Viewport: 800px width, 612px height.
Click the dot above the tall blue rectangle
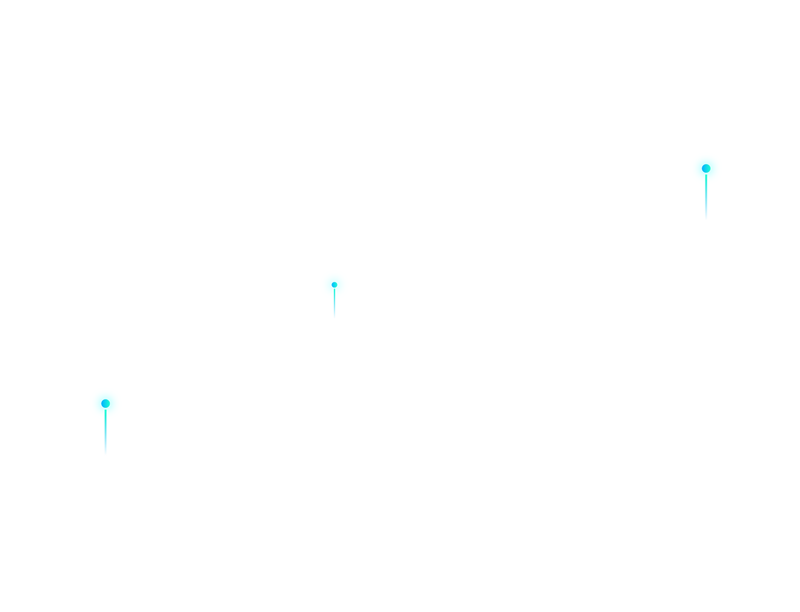[x=705, y=168]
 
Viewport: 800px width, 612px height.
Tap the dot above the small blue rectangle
[x=105, y=404]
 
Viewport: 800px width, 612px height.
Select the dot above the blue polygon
[x=334, y=285]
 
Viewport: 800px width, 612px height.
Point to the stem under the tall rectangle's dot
[x=705, y=179]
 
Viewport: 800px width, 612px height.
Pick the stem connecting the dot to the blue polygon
[x=334, y=293]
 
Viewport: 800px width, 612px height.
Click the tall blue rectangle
[x=675, y=285]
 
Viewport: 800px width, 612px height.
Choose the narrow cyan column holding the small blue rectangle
[x=150, y=273]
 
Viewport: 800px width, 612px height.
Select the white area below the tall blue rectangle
[x=606, y=412]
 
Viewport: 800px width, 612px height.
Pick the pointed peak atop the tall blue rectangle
[x=705, y=188]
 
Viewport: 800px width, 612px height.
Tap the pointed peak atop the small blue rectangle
[x=105, y=423]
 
